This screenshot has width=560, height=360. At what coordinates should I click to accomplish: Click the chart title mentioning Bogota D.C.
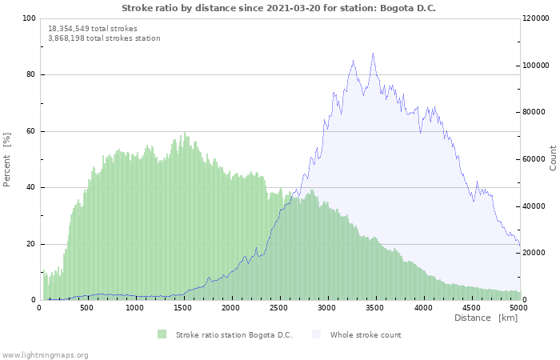279,8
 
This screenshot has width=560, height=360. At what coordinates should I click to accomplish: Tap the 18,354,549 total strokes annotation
92,29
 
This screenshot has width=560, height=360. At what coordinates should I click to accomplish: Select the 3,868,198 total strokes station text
104,38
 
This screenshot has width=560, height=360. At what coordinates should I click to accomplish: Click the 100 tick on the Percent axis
29,18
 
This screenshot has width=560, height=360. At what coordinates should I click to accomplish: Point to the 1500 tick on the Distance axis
182,307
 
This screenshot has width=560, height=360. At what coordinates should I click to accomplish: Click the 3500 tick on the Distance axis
375,307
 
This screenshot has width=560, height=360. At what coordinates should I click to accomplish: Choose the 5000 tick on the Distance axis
518,307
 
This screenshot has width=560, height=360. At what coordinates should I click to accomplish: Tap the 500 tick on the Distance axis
86,307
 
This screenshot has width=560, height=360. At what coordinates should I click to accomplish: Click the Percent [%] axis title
7,159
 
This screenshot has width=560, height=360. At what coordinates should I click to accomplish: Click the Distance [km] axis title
486,318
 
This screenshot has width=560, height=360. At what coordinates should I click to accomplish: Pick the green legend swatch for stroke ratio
162,334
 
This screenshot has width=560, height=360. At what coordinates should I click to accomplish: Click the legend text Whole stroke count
366,334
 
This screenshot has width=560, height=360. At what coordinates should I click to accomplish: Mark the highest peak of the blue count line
373,54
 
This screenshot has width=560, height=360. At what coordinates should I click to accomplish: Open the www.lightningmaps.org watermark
45,354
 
